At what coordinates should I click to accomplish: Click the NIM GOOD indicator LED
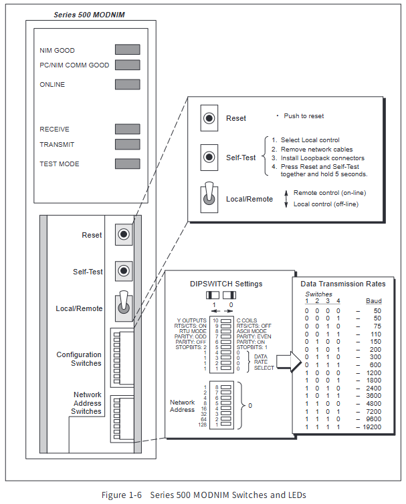click(x=127, y=49)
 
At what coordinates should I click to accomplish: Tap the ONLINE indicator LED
click(x=127, y=84)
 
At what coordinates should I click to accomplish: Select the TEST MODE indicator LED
click(x=127, y=164)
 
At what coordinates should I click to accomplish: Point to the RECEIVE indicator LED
click(x=127, y=129)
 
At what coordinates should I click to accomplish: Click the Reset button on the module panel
click(x=124, y=234)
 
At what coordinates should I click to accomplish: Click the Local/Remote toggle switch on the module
click(x=124, y=305)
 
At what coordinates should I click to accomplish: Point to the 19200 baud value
click(x=371, y=426)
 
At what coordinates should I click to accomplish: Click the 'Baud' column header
click(x=374, y=301)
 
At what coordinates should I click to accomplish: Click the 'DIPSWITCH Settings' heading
click(x=226, y=284)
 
